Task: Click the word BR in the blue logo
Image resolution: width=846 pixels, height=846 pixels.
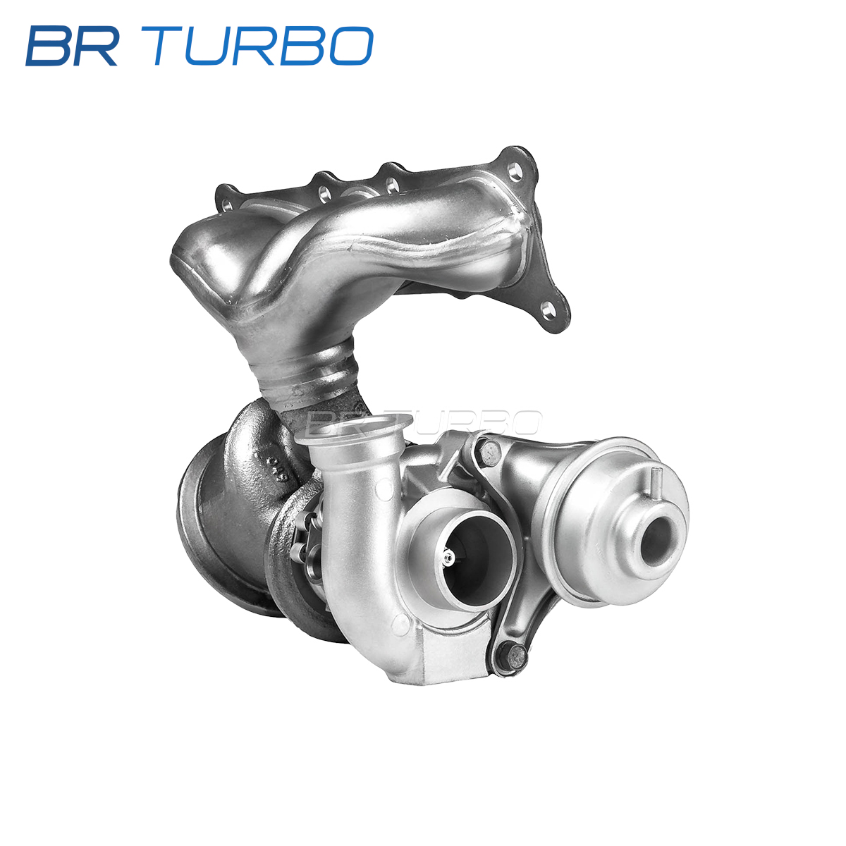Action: tap(72, 46)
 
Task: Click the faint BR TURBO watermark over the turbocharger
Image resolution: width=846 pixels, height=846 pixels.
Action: tap(424, 422)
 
